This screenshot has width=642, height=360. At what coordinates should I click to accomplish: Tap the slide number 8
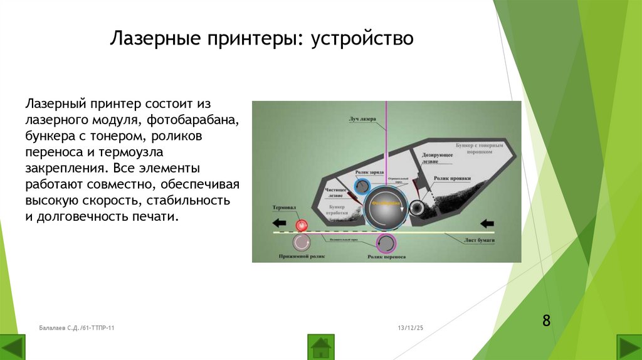[x=546, y=321]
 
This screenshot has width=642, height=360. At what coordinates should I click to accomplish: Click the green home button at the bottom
[x=320, y=347]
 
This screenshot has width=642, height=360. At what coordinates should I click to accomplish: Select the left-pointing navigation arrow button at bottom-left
[x=13, y=347]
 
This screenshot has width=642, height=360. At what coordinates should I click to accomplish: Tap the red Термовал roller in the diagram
[x=302, y=225]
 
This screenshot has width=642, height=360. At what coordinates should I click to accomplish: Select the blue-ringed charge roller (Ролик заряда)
[x=362, y=187]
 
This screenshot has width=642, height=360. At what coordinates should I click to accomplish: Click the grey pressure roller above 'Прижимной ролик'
[x=302, y=242]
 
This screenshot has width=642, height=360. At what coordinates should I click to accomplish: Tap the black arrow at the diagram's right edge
[x=487, y=223]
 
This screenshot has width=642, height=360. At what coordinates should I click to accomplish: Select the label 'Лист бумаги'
[x=480, y=241]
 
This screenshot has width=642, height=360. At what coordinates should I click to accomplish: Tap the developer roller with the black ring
[x=416, y=208]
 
